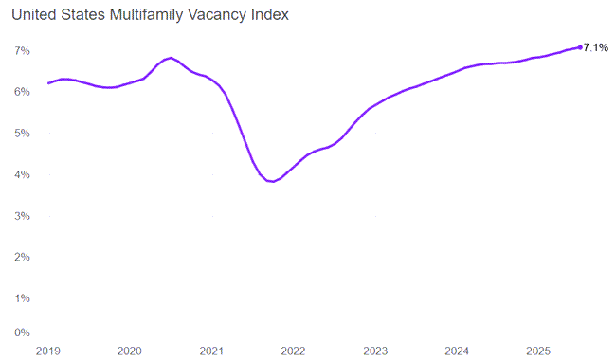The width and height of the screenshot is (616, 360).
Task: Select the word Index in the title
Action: pyautogui.click(x=271, y=15)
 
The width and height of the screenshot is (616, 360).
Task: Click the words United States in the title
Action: pyautogui.click(x=64, y=15)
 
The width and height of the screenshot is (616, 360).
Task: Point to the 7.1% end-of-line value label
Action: pyautogui.click(x=596, y=47)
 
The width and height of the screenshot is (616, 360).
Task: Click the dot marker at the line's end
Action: pyautogui.click(x=580, y=47)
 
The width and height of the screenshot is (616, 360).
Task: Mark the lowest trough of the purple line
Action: pyautogui.click(x=273, y=181)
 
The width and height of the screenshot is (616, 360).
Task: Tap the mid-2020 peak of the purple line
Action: pyautogui.click(x=170, y=58)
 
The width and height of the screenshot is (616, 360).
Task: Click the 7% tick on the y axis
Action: pyautogui.click(x=20, y=49)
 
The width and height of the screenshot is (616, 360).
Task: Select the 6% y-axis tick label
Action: pyautogui.click(x=20, y=91)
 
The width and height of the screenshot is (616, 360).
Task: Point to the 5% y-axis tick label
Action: pyautogui.click(x=20, y=133)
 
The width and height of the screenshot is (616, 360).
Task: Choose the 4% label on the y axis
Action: pyautogui.click(x=20, y=174)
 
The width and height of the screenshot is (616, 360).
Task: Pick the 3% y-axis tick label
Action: pyautogui.click(x=20, y=216)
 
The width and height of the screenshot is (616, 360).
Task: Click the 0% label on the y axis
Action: pyautogui.click(x=20, y=333)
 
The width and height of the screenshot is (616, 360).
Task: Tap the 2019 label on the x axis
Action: pyautogui.click(x=47, y=351)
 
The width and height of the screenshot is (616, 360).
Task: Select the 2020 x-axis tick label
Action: pyautogui.click(x=129, y=351)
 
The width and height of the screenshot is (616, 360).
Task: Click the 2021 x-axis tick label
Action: pyautogui.click(x=211, y=351)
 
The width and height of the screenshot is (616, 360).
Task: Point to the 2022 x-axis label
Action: pyautogui.click(x=293, y=351)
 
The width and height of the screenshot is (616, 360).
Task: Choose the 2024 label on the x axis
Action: pyautogui.click(x=457, y=351)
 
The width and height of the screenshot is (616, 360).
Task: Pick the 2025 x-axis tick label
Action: pyautogui.click(x=538, y=351)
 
